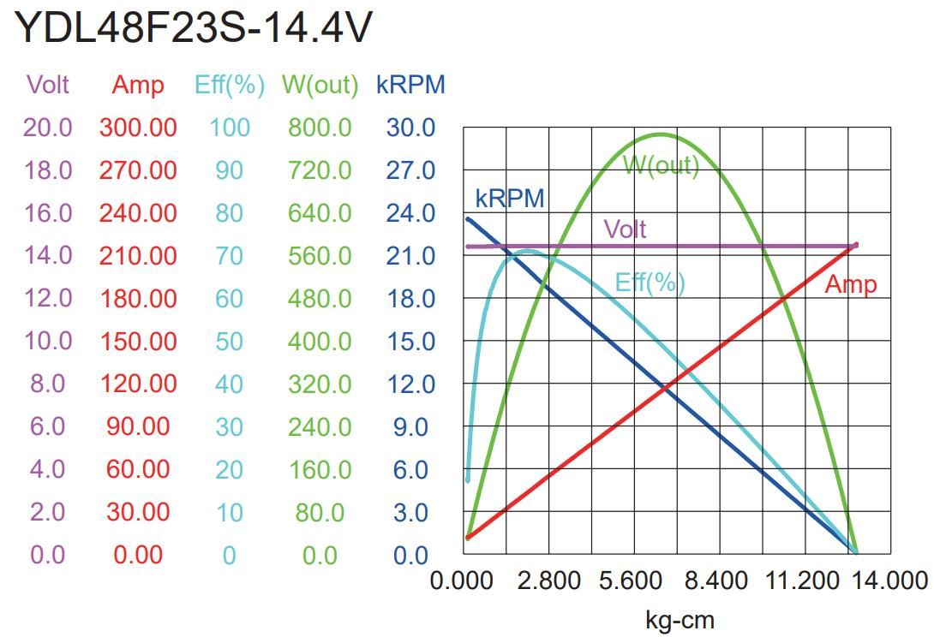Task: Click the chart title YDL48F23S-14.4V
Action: coord(194,29)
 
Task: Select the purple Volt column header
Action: coord(48,85)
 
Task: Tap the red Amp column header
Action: coord(137,85)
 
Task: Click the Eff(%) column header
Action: coord(229,85)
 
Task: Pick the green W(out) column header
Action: coord(320,85)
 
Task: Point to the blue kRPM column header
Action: coord(410,85)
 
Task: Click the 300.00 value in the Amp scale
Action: coord(138,128)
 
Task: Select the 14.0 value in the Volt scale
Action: coord(48,255)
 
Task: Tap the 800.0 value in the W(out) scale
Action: coord(320,128)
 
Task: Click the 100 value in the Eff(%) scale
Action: coord(229,128)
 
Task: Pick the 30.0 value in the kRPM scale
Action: coord(410,128)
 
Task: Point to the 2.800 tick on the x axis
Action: coord(548,580)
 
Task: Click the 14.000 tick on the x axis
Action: coord(888,580)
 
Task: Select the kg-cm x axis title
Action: coord(679,618)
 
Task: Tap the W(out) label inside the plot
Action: coord(661,164)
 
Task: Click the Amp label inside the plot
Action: coord(850,285)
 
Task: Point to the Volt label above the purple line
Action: coord(625,229)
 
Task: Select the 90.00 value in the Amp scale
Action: coord(138,426)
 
